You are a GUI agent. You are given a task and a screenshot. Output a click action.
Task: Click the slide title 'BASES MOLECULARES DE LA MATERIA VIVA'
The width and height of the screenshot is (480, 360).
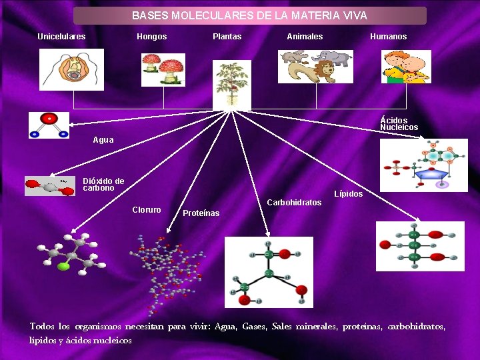coord(249,15)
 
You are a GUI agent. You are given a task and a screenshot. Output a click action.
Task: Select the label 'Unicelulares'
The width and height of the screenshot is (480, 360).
coord(61,37)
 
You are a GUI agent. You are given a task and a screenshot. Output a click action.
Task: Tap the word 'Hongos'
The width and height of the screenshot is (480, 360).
coord(152,37)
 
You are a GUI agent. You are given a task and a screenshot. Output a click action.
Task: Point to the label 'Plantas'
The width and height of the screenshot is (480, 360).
coord(227,37)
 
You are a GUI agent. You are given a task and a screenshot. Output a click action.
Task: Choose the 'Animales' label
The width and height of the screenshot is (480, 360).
coord(305,37)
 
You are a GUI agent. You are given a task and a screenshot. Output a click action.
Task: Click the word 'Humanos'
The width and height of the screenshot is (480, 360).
coord(388,37)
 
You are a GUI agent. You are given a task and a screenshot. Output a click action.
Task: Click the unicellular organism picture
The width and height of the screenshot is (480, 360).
coord(72,69)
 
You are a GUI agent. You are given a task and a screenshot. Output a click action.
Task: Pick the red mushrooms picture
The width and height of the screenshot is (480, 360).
coord(163,70)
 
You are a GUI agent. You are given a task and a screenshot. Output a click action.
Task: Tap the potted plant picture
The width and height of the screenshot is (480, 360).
coord(231,84)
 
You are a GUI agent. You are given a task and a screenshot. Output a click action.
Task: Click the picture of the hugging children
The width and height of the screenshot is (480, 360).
coord(405,67)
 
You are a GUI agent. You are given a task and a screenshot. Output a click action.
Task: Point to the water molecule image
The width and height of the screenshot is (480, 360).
coord(49,125)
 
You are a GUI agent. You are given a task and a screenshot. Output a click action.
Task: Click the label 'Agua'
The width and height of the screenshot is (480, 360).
coord(103,141)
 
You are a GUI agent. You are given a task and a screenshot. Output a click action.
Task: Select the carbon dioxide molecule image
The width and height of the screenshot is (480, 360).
coord(49,186)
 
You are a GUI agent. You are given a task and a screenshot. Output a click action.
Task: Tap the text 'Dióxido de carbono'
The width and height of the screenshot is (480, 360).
coord(103,185)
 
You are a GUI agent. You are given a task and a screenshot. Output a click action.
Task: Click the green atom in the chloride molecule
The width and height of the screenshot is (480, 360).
coord(63,267)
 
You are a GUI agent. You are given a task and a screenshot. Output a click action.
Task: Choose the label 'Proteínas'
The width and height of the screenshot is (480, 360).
coord(201,213)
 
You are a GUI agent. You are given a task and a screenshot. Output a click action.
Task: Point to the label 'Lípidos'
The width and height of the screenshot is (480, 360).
coord(348,194)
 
